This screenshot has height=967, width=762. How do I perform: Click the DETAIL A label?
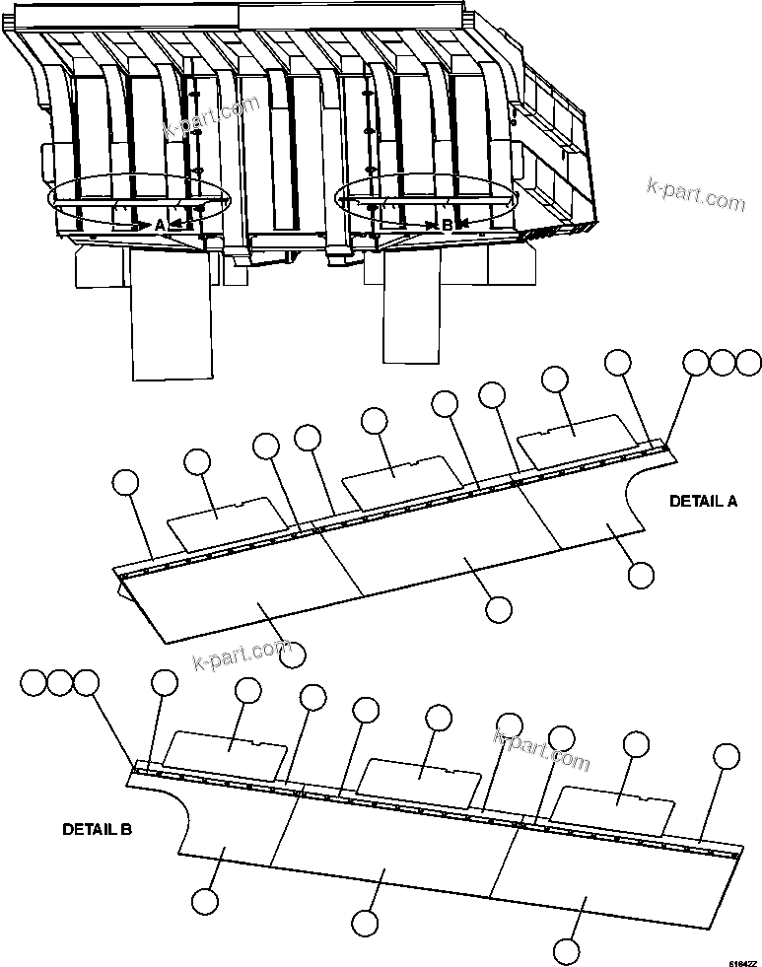(703, 501)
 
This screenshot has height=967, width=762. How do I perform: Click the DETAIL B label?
(97, 829)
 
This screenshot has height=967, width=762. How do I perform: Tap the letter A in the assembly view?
(160, 225)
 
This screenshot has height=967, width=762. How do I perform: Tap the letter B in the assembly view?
(447, 225)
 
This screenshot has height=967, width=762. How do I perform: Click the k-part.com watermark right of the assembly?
(696, 194)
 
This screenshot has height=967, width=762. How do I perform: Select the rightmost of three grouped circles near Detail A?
(749, 363)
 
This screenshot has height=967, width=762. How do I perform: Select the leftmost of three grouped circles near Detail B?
(35, 681)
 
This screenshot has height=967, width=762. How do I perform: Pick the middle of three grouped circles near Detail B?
(61, 681)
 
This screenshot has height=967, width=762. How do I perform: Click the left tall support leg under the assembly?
(172, 315)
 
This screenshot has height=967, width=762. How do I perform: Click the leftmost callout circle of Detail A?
(125, 482)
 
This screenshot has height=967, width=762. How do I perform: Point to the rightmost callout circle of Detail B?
(727, 756)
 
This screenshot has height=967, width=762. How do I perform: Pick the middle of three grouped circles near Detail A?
(723, 363)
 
